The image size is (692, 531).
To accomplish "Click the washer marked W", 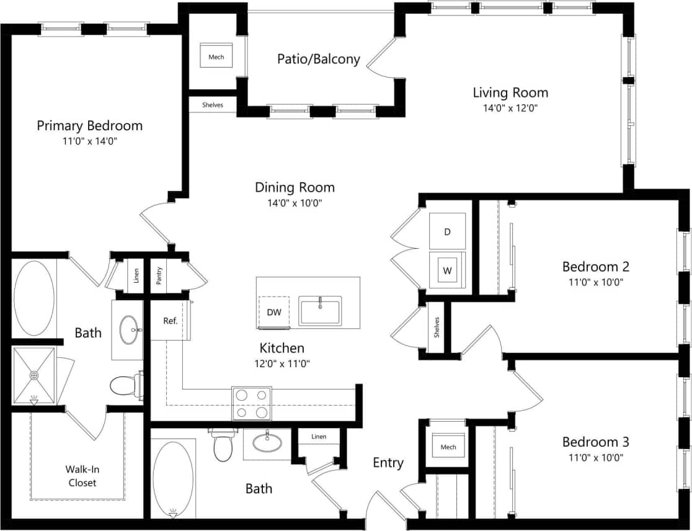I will point(447,271).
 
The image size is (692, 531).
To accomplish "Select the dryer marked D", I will point(447,231).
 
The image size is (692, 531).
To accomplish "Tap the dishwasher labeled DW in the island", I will point(274,312).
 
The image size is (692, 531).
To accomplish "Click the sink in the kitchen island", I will point(320,311).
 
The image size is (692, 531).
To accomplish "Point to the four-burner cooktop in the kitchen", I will point(252,403).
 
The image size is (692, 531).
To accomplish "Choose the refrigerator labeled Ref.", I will point(171,321).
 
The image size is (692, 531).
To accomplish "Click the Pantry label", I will point(159,275).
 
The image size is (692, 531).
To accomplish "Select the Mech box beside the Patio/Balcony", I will point(216,57).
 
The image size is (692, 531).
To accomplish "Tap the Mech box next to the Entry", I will point(448,447).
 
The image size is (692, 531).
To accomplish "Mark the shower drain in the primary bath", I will point(34,375).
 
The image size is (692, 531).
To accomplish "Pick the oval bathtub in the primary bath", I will point(35,298).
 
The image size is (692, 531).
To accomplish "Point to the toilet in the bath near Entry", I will point(223,446).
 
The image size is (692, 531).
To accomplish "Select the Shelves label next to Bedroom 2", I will point(437,327).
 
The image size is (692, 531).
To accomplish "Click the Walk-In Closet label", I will point(82,476).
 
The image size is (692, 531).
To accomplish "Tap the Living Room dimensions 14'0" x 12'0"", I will point(510,107).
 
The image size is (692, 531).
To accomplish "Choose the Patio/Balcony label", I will point(318,59).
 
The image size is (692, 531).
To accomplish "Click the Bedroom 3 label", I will point(595,442).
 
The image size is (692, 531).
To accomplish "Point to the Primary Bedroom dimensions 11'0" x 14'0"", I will point(89,141).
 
